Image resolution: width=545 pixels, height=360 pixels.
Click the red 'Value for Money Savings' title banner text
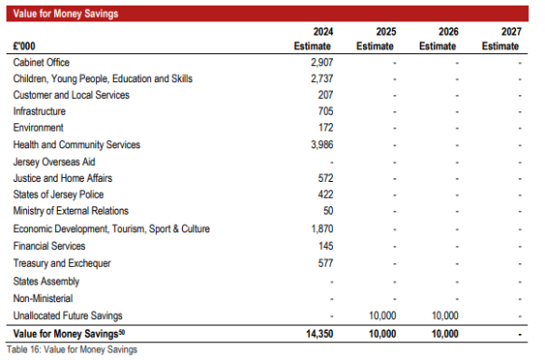tap(65, 14)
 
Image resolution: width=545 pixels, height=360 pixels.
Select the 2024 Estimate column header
tap(313, 38)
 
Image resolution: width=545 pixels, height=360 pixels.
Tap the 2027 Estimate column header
tap(501, 38)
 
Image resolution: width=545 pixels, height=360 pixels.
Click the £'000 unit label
tap(24, 46)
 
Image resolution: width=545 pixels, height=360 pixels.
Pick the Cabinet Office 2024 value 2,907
tap(322, 62)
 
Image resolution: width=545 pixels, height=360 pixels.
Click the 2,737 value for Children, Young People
tap(322, 78)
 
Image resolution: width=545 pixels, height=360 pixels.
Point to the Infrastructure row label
tap(39, 111)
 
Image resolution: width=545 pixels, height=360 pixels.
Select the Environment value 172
tap(326, 128)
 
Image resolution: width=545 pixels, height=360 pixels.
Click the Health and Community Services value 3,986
tap(322, 145)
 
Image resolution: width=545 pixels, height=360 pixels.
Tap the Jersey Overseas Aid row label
tap(54, 162)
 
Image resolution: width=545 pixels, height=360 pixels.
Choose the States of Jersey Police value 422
tap(326, 194)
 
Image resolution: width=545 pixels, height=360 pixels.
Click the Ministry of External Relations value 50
tap(328, 211)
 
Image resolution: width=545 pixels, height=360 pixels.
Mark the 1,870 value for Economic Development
tap(322, 228)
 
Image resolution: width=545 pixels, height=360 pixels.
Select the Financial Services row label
tap(49, 246)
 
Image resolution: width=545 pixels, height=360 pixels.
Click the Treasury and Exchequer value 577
tap(326, 263)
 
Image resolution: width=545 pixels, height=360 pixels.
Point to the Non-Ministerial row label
tap(43, 298)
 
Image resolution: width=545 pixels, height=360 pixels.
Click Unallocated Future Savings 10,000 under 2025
tap(383, 315)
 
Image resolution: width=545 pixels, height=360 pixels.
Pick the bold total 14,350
tap(320, 334)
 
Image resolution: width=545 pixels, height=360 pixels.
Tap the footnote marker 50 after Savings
tap(121, 331)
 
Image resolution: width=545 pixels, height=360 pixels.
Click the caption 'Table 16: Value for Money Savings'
tap(72, 350)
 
